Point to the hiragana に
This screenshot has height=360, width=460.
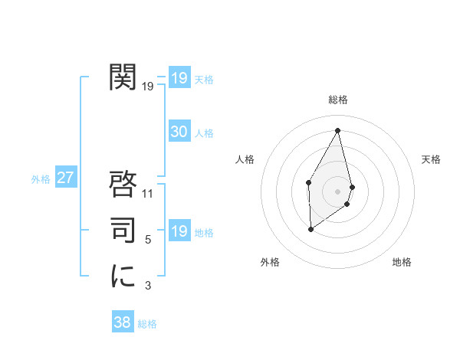(x=123, y=276)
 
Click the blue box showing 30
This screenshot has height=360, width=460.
(x=179, y=132)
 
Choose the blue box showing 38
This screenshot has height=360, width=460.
(x=122, y=322)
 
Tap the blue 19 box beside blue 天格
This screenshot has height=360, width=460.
(x=179, y=78)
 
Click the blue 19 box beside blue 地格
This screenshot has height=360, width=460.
(x=179, y=231)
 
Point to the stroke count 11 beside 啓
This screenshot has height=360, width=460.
(x=148, y=195)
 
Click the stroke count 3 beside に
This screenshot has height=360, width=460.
(x=148, y=286)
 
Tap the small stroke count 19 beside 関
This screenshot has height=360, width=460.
(x=148, y=87)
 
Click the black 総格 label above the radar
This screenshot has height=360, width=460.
(x=338, y=100)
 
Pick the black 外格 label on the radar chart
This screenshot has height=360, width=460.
(x=270, y=262)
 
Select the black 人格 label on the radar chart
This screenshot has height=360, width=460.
(x=245, y=159)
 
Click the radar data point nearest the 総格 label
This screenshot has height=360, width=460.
(x=337, y=130)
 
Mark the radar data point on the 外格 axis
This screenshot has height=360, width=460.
(x=310, y=229)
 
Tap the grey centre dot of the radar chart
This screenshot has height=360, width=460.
(x=337, y=191)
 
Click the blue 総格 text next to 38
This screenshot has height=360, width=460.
(x=147, y=324)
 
